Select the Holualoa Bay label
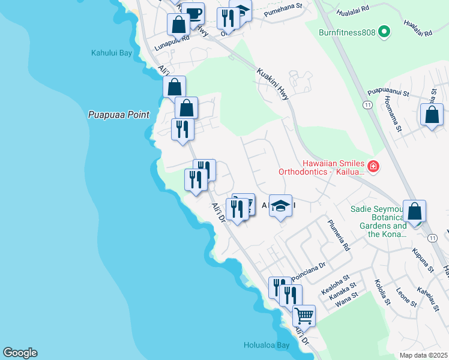[x=267, y=345]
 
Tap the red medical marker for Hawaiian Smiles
[x=373, y=166]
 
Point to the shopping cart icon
[x=304, y=314]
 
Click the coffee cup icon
[x=193, y=13]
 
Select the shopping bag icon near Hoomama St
[x=432, y=115]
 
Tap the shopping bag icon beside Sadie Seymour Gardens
[x=414, y=211]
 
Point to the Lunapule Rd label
[x=172, y=37]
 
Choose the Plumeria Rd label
[x=338, y=234]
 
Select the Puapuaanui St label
[x=388, y=94]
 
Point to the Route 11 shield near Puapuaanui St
[x=366, y=104]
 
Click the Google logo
[x=20, y=353]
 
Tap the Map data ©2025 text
[x=423, y=355]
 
